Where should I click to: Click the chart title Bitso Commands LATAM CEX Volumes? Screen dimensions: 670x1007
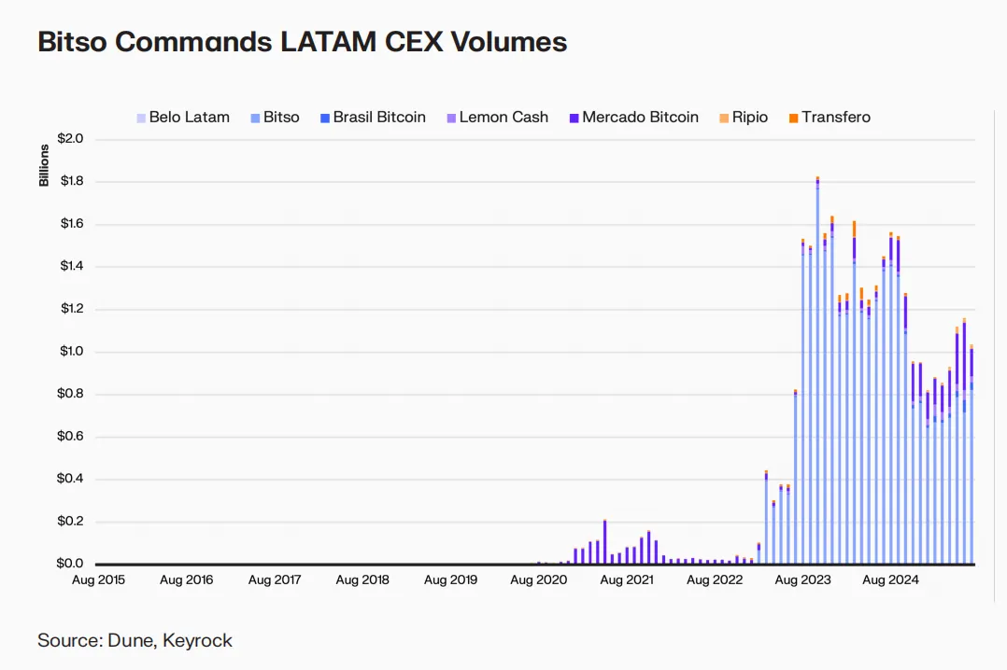coord(302,42)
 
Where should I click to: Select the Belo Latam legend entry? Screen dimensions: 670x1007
coord(183,118)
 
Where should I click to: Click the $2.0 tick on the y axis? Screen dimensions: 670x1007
coord(71,139)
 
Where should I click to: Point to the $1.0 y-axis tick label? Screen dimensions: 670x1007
coord(71,352)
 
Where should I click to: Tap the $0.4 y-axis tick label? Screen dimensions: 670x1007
coord(71,480)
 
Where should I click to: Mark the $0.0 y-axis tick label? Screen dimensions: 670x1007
coord(71,565)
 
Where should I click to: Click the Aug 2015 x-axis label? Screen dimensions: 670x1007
coord(98,580)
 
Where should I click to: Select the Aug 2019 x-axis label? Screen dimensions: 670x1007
coord(450,580)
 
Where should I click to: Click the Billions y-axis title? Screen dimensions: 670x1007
coord(44,166)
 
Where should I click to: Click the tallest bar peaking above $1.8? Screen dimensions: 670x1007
coord(817,373)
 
